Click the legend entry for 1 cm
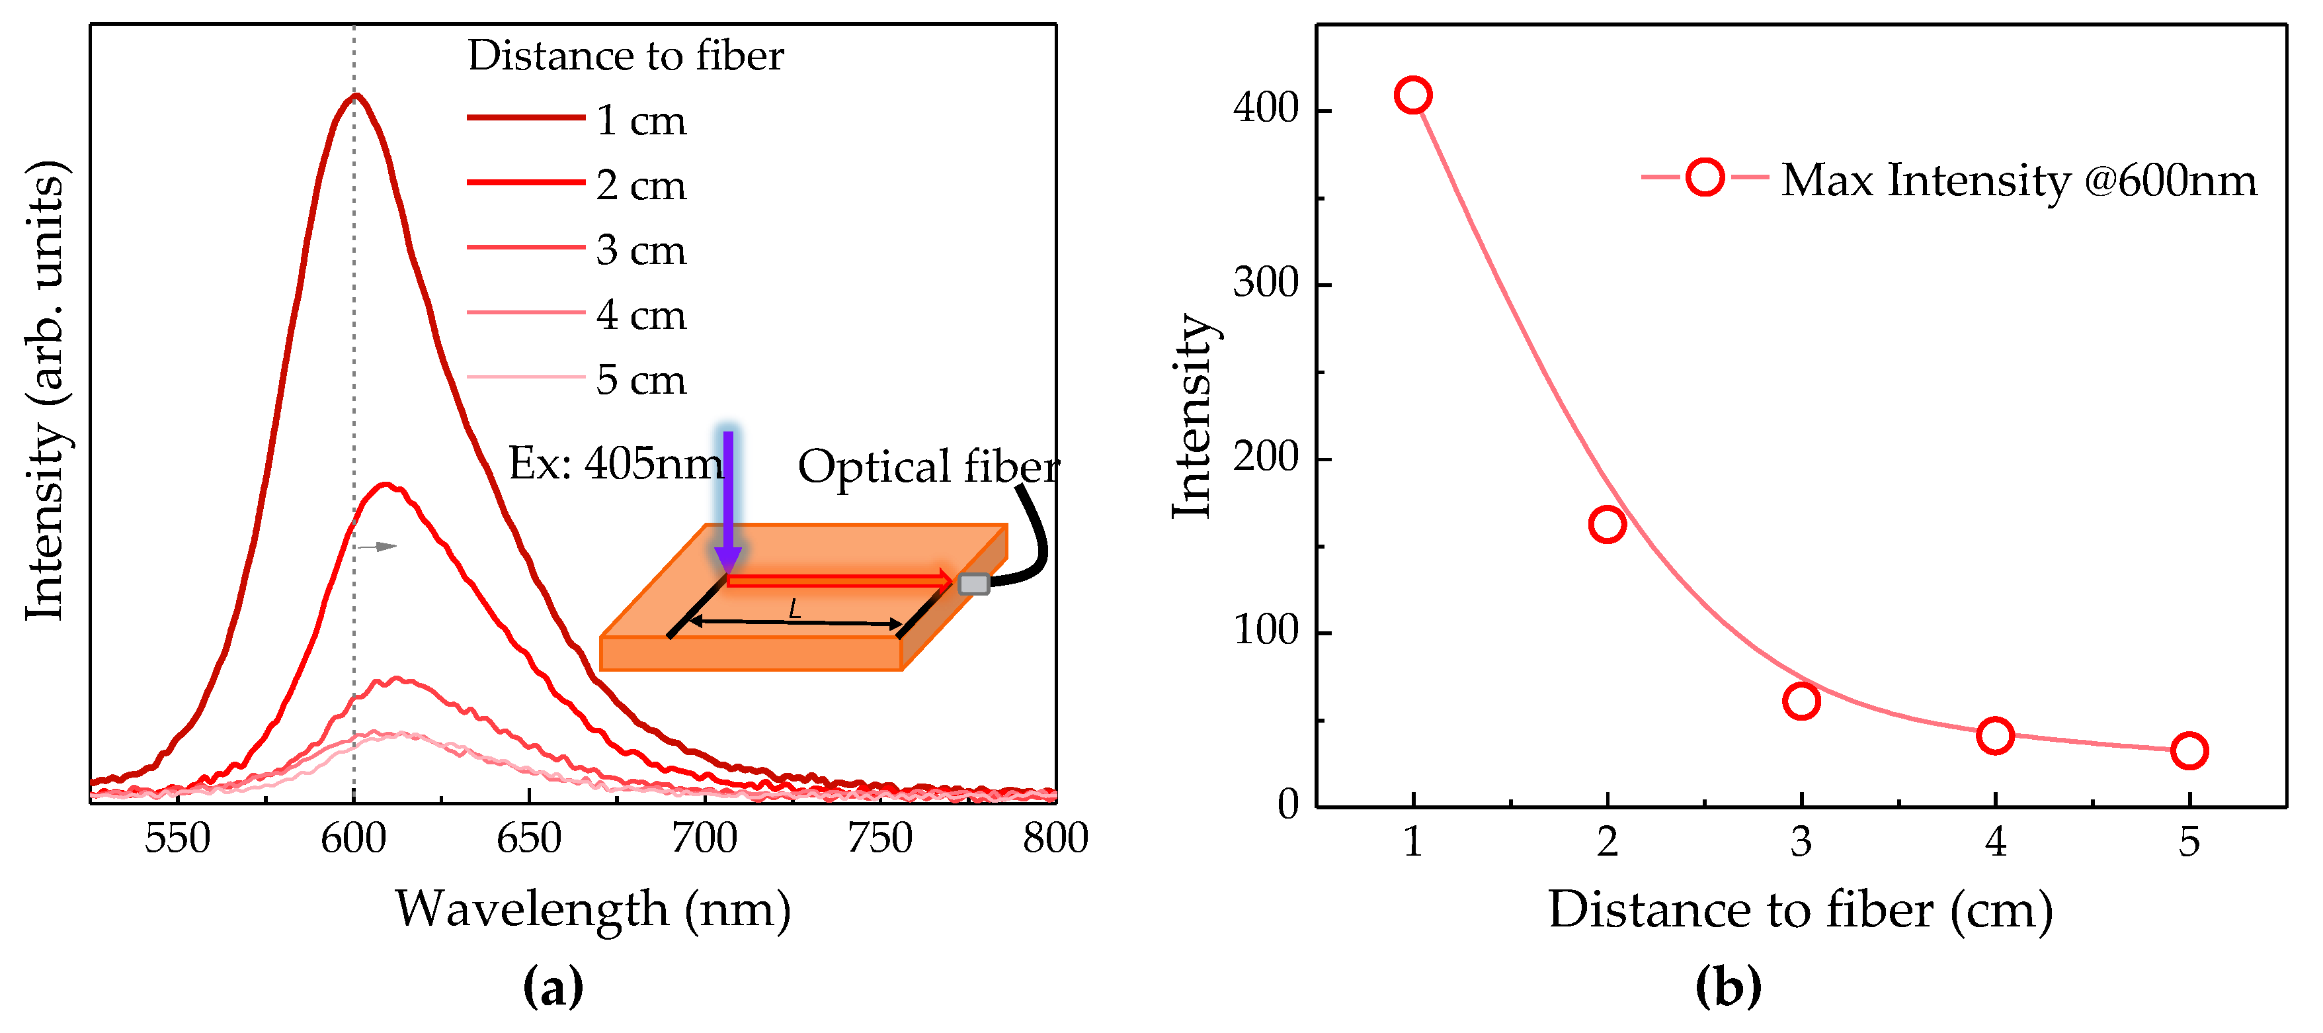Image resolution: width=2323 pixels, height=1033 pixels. tap(577, 120)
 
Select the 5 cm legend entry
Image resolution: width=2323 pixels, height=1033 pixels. tap(577, 380)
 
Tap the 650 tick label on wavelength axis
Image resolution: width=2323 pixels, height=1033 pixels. tap(530, 839)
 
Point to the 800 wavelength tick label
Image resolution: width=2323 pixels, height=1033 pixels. tap(1055, 839)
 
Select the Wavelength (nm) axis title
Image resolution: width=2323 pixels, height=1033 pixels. tap(592, 909)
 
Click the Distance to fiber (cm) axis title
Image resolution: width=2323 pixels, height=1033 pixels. tap(1801, 909)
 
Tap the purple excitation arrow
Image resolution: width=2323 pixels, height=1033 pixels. tap(728, 501)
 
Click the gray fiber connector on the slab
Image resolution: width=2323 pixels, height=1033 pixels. tap(973, 584)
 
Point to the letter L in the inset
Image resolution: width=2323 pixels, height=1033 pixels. tap(794, 610)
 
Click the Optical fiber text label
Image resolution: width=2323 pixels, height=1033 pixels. tap(929, 467)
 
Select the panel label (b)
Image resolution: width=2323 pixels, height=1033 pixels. tap(1728, 987)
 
